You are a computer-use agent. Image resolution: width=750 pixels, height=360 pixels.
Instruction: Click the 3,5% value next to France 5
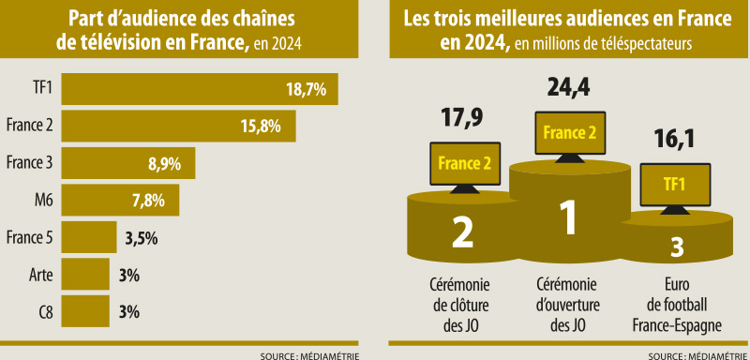pyautogui.click(x=141, y=237)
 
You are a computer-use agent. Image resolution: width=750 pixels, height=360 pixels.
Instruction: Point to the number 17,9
pyautogui.click(x=462, y=118)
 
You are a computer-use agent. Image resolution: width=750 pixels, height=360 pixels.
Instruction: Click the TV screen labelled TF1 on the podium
pyautogui.click(x=673, y=185)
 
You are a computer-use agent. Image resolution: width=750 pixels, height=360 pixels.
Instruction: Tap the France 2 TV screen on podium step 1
pyautogui.click(x=568, y=134)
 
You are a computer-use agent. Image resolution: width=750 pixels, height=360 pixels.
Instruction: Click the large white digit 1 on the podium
pyautogui.click(x=566, y=217)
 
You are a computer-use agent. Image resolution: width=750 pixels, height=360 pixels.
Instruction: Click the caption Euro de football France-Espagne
pyautogui.click(x=674, y=304)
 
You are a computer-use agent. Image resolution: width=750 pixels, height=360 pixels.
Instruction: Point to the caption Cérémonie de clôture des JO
pyautogui.click(x=462, y=304)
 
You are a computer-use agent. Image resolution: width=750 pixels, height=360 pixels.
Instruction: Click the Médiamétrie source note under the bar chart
pyautogui.click(x=310, y=355)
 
